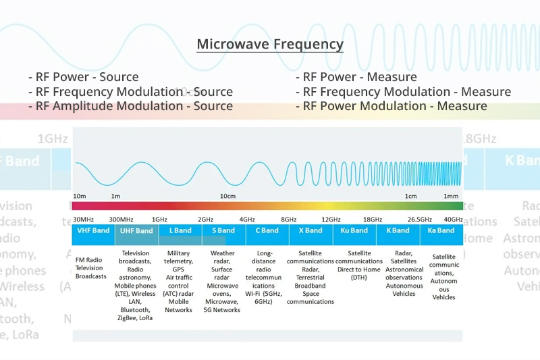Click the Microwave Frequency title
(x=270, y=45)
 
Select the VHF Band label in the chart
(x=93, y=230)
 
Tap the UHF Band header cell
(x=136, y=230)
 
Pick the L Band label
(x=180, y=230)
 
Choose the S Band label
(x=223, y=230)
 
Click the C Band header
(x=267, y=230)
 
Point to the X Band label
(x=310, y=230)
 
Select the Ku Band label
(x=354, y=230)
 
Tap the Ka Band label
(x=441, y=230)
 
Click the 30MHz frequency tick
(x=83, y=220)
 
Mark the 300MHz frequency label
(x=122, y=220)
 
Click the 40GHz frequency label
(x=453, y=220)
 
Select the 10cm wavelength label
(x=227, y=197)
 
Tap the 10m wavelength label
(x=80, y=197)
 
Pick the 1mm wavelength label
(x=451, y=197)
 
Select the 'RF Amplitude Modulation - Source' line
(x=130, y=106)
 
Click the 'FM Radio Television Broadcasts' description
(x=91, y=267)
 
